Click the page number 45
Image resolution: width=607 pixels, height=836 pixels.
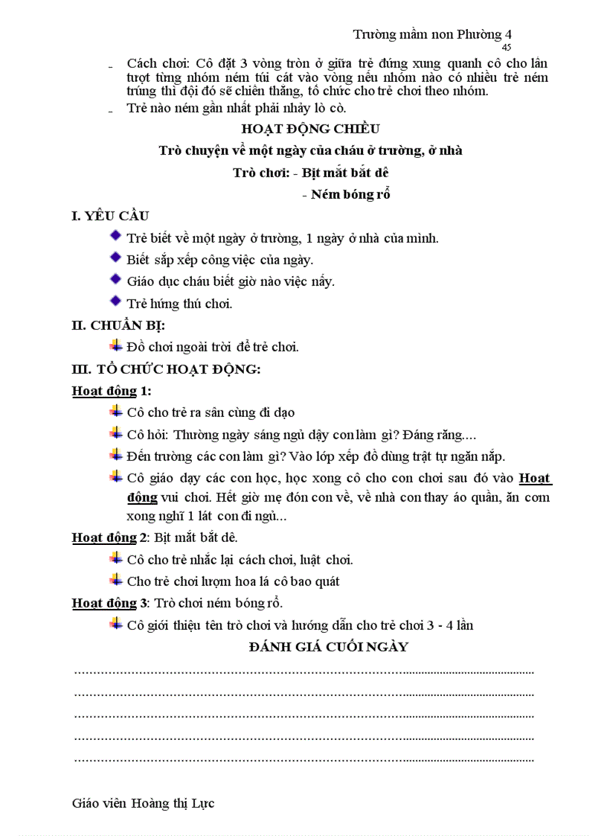(x=507, y=47)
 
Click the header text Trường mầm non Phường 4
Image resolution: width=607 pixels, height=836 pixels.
(x=432, y=34)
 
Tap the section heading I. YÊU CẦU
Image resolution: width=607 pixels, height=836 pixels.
(x=110, y=216)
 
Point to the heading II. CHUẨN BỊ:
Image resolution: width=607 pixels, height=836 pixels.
(x=118, y=325)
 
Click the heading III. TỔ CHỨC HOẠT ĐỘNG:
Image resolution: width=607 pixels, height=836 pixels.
(x=165, y=368)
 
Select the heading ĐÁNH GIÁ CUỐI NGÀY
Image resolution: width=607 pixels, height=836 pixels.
(x=328, y=646)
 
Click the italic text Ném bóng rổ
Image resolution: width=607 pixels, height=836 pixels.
(x=350, y=194)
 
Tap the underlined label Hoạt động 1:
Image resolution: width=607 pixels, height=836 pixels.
(x=112, y=391)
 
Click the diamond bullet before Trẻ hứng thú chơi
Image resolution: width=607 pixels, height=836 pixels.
(x=115, y=301)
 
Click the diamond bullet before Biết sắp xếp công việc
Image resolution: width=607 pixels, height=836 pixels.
(x=115, y=258)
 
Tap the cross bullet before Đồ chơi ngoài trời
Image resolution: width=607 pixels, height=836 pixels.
(x=115, y=345)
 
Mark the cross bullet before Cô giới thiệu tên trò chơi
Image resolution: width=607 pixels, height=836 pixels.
(x=115, y=624)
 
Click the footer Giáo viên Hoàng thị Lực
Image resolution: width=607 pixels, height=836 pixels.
(x=144, y=803)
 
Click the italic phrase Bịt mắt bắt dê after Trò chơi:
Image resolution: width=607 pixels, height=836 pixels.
(x=347, y=172)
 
